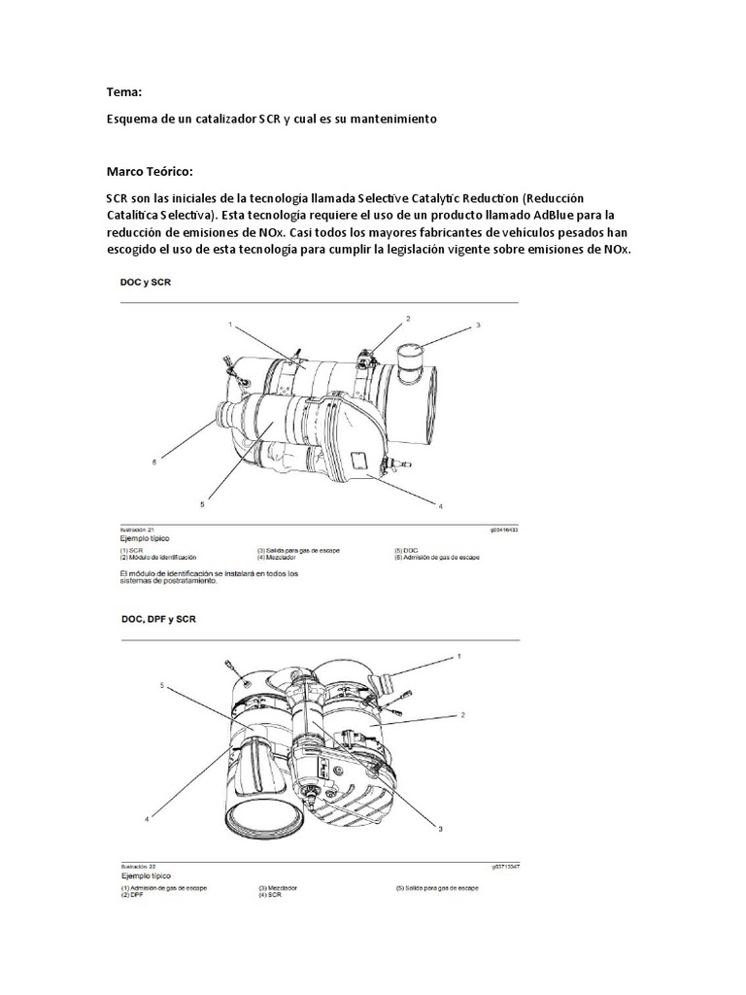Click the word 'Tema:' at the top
[123, 92]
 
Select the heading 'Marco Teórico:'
[151, 171]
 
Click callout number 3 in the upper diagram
[478, 326]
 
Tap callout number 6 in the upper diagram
[153, 463]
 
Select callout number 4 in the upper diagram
[440, 506]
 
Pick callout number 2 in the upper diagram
[408, 319]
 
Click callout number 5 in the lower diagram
[162, 685]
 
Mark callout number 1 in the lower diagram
[459, 658]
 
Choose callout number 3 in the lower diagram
[440, 829]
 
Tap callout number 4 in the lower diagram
[148, 819]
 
